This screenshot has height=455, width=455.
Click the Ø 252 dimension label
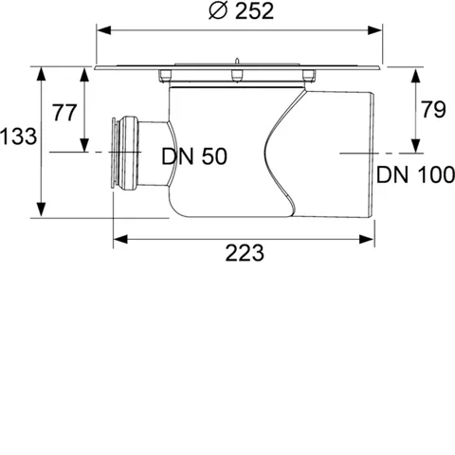point(242,11)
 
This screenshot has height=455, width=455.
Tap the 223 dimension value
point(245,253)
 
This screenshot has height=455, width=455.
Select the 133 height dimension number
point(18,136)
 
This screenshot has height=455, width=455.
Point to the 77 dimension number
point(64,113)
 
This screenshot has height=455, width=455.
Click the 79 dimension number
point(433,109)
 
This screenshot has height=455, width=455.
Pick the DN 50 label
point(194,156)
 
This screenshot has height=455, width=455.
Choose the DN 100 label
point(416,174)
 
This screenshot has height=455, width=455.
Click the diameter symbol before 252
point(218,11)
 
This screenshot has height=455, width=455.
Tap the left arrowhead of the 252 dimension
point(103,30)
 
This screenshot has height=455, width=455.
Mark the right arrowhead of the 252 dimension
point(375,30)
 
